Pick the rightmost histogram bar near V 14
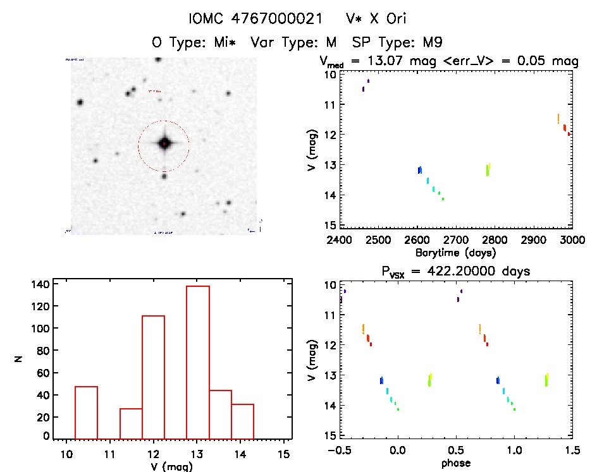(x=242, y=421)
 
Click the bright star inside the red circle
(x=164, y=144)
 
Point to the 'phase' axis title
(x=457, y=463)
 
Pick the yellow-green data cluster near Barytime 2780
(x=488, y=169)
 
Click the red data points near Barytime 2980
(x=565, y=129)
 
